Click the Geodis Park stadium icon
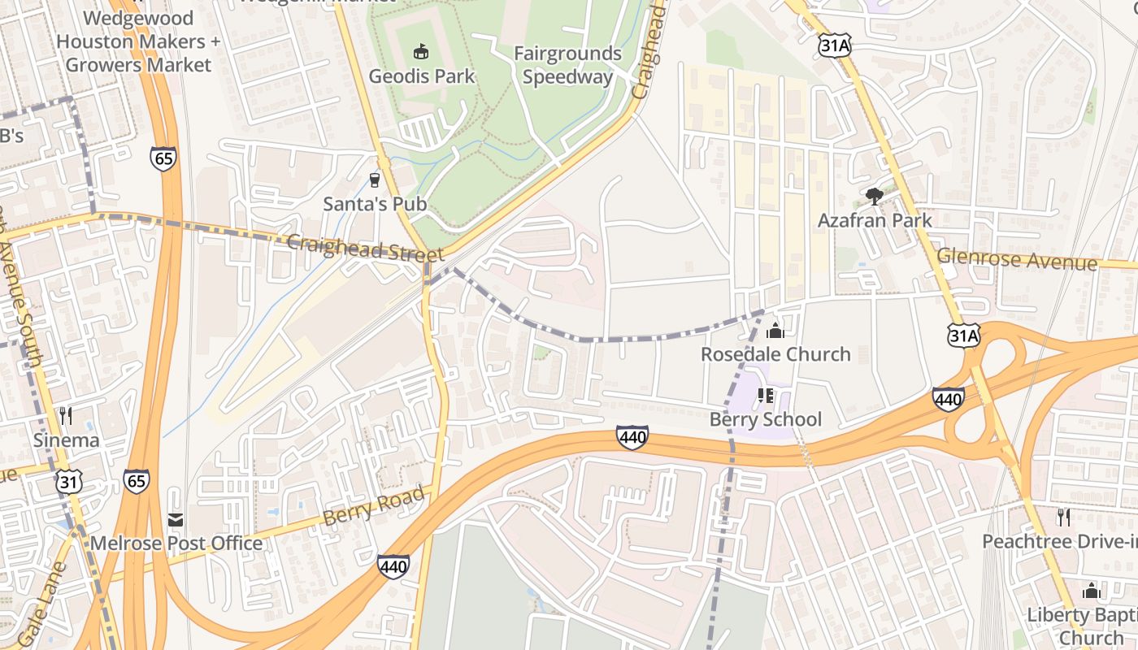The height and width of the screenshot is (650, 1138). click(421, 52)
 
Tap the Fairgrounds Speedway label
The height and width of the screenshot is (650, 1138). click(567, 65)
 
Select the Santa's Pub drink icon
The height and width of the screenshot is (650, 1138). click(375, 180)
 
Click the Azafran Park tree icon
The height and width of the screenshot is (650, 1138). click(874, 196)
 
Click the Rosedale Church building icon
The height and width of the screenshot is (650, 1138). click(775, 330)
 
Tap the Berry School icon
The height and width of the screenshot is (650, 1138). click(764, 396)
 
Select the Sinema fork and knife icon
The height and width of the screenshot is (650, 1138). click(66, 416)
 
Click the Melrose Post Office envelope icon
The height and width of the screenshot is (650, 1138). click(176, 519)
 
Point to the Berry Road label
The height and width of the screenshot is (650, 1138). click(374, 505)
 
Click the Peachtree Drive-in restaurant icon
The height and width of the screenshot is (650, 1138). click(1062, 517)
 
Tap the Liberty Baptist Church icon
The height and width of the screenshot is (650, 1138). click(1091, 591)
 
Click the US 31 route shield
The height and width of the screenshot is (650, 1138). click(68, 482)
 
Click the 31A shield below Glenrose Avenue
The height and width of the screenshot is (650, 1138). click(963, 334)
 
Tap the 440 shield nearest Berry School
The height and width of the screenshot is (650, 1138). click(632, 438)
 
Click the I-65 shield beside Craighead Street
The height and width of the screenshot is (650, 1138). click(163, 158)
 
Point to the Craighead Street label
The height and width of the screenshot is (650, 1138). click(366, 249)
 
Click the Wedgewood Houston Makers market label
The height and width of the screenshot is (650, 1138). click(138, 41)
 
